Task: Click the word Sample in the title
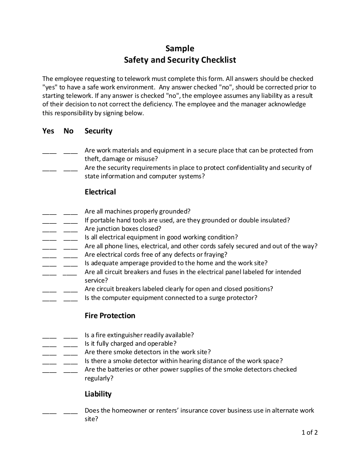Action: [x=180, y=48]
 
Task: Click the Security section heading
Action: [x=98, y=131]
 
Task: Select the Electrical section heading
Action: [x=100, y=192]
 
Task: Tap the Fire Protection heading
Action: [x=110, y=316]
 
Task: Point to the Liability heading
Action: [x=98, y=394]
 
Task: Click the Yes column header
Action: [x=48, y=131]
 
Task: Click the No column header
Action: [x=69, y=131]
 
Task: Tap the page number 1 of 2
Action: [x=310, y=433]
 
